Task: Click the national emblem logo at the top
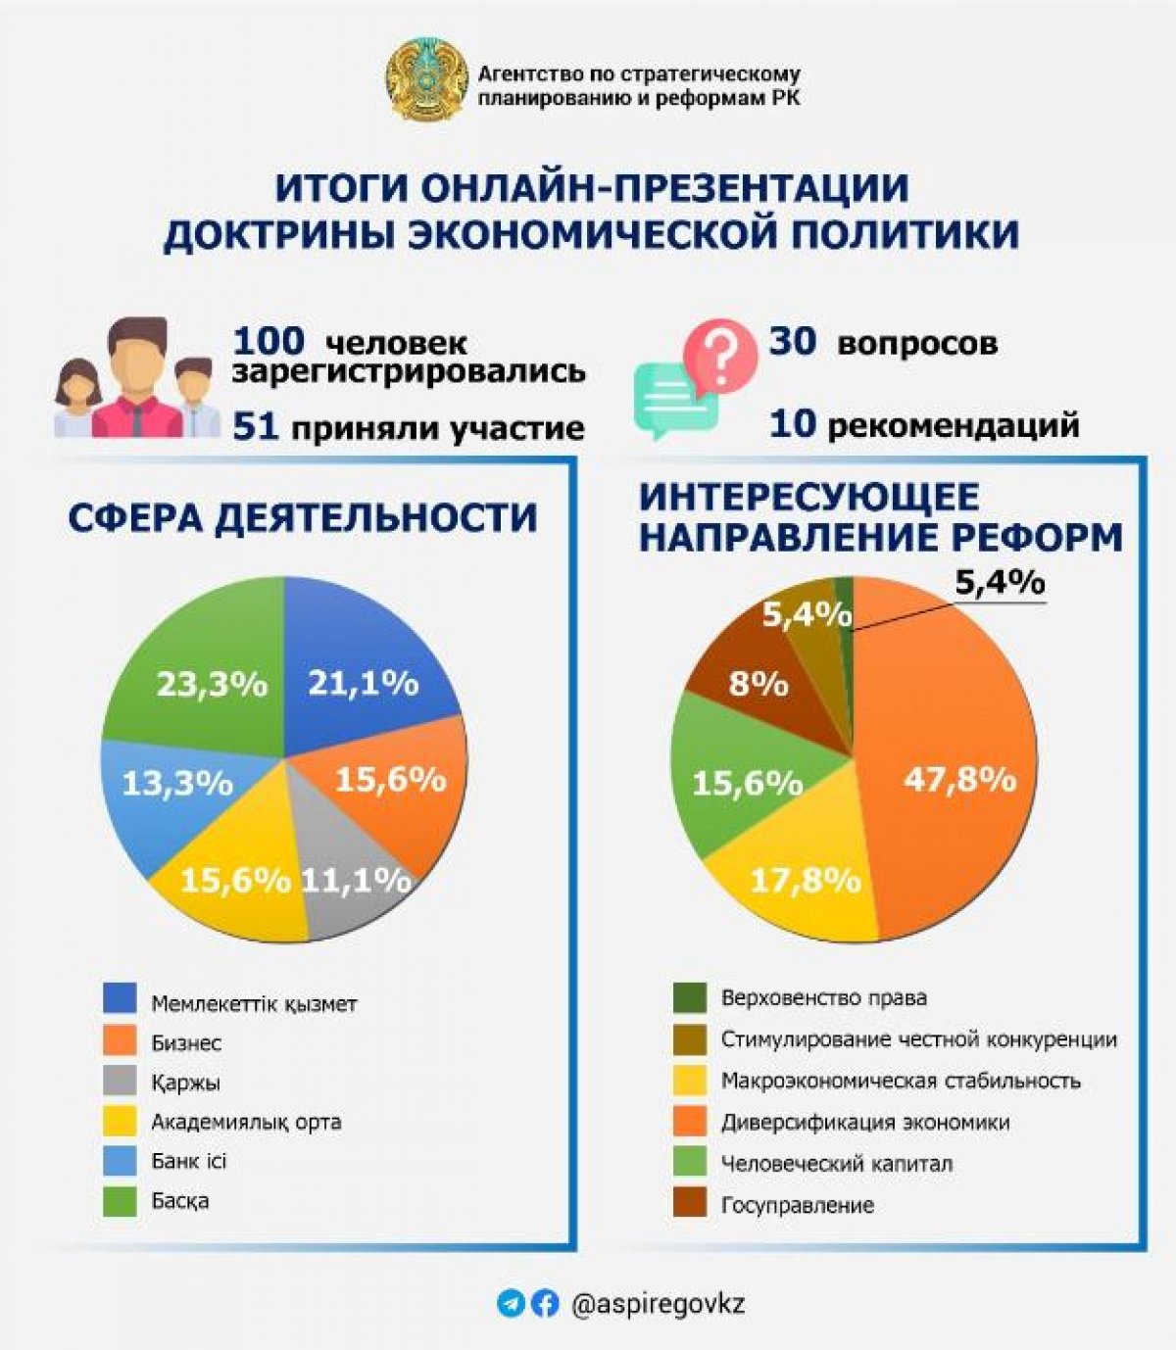(424, 81)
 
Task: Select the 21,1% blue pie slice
(367, 666)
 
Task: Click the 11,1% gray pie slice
(353, 892)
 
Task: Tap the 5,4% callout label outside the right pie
(1000, 583)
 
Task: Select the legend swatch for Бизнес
(120, 1042)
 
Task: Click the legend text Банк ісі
(189, 1161)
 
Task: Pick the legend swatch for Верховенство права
(690, 998)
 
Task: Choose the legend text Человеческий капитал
(837, 1164)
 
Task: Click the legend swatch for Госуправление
(690, 1204)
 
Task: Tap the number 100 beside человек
(269, 342)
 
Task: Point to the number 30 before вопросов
(793, 342)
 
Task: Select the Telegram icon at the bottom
(511, 1303)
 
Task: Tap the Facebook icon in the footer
(546, 1303)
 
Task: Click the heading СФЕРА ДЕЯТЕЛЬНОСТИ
(303, 517)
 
